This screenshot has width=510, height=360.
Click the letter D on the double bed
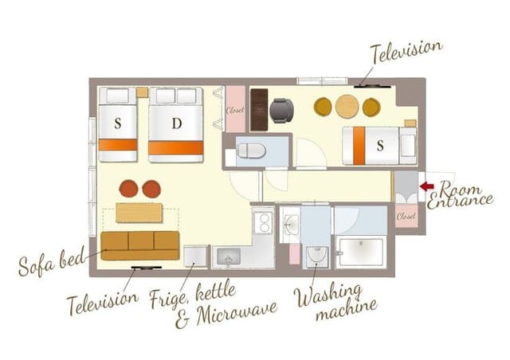(x=176, y=123)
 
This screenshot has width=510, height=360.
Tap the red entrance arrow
(x=427, y=186)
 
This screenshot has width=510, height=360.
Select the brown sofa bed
(x=140, y=245)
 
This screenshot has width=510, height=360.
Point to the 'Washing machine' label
(x=333, y=302)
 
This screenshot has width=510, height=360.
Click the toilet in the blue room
(x=250, y=150)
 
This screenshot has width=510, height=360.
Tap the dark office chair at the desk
(x=281, y=110)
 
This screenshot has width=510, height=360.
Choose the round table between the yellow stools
(x=347, y=106)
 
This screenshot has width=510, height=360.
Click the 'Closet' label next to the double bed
(x=235, y=110)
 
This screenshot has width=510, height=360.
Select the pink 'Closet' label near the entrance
(x=406, y=216)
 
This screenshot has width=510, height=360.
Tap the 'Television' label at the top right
(x=406, y=52)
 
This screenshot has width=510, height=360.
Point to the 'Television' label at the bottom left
(x=102, y=302)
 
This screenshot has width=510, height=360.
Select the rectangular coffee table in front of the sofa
(x=139, y=213)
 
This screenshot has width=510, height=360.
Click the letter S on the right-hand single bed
(x=380, y=146)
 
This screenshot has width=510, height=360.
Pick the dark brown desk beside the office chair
(x=258, y=110)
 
